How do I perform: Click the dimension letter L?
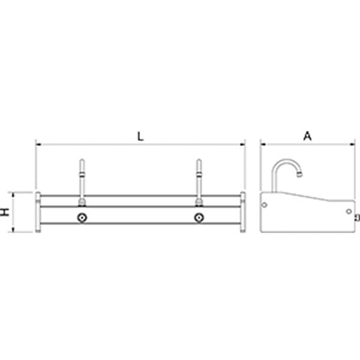pos(140,136)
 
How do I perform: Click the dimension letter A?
pos(307,136)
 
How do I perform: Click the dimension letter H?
pos(5,212)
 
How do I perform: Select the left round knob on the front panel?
pos(82,217)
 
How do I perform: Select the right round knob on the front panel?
pos(199,217)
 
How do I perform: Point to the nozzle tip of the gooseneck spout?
pos(299,175)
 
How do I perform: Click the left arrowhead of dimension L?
pos(38,144)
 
